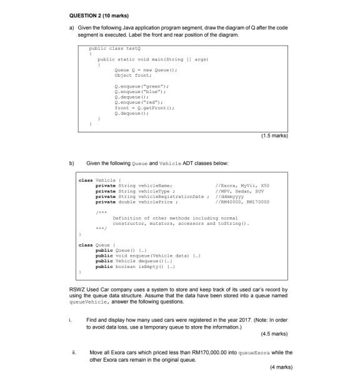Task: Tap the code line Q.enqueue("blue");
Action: [x=141, y=90]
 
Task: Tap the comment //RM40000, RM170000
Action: [x=239, y=202]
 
